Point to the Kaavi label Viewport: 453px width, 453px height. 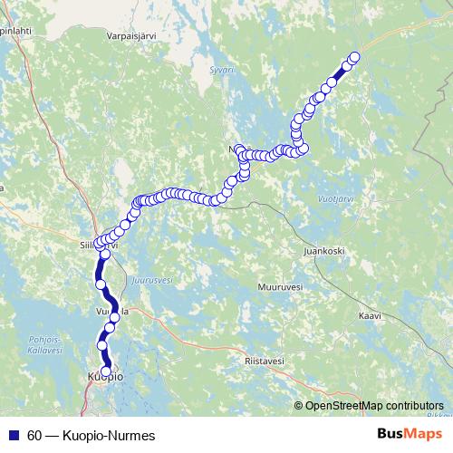pos(371,316)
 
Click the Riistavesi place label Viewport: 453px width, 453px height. pos(265,361)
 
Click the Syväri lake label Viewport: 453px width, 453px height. pos(222,70)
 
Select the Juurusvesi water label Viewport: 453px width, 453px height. pos(151,281)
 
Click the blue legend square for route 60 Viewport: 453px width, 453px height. pos(13,436)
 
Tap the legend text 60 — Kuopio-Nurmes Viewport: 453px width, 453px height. pos(92,436)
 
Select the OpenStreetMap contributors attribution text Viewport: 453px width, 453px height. pos(375,406)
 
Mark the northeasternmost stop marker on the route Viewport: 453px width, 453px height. pos(354,57)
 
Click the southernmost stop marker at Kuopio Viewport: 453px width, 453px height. pos(106,371)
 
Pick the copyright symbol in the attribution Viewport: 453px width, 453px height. pos(300,406)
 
